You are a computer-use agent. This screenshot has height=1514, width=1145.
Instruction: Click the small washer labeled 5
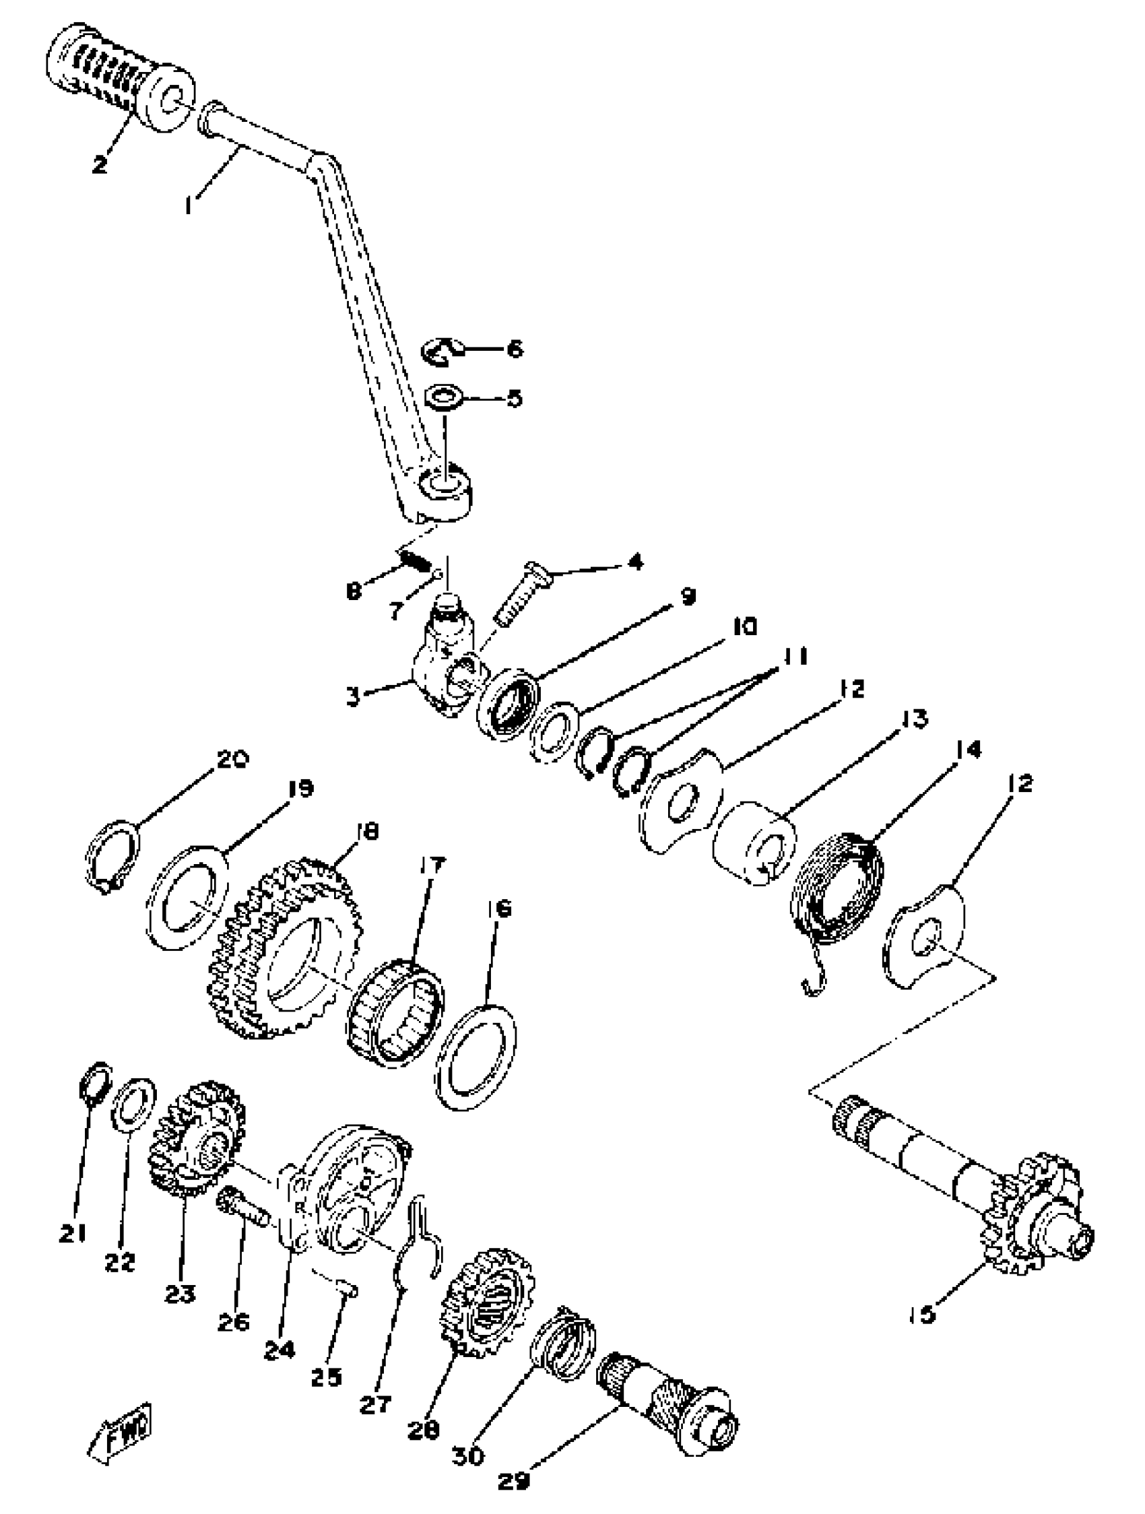[443, 396]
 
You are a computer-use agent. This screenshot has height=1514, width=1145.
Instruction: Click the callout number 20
[232, 760]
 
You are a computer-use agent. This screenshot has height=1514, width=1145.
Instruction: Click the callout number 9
[687, 597]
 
